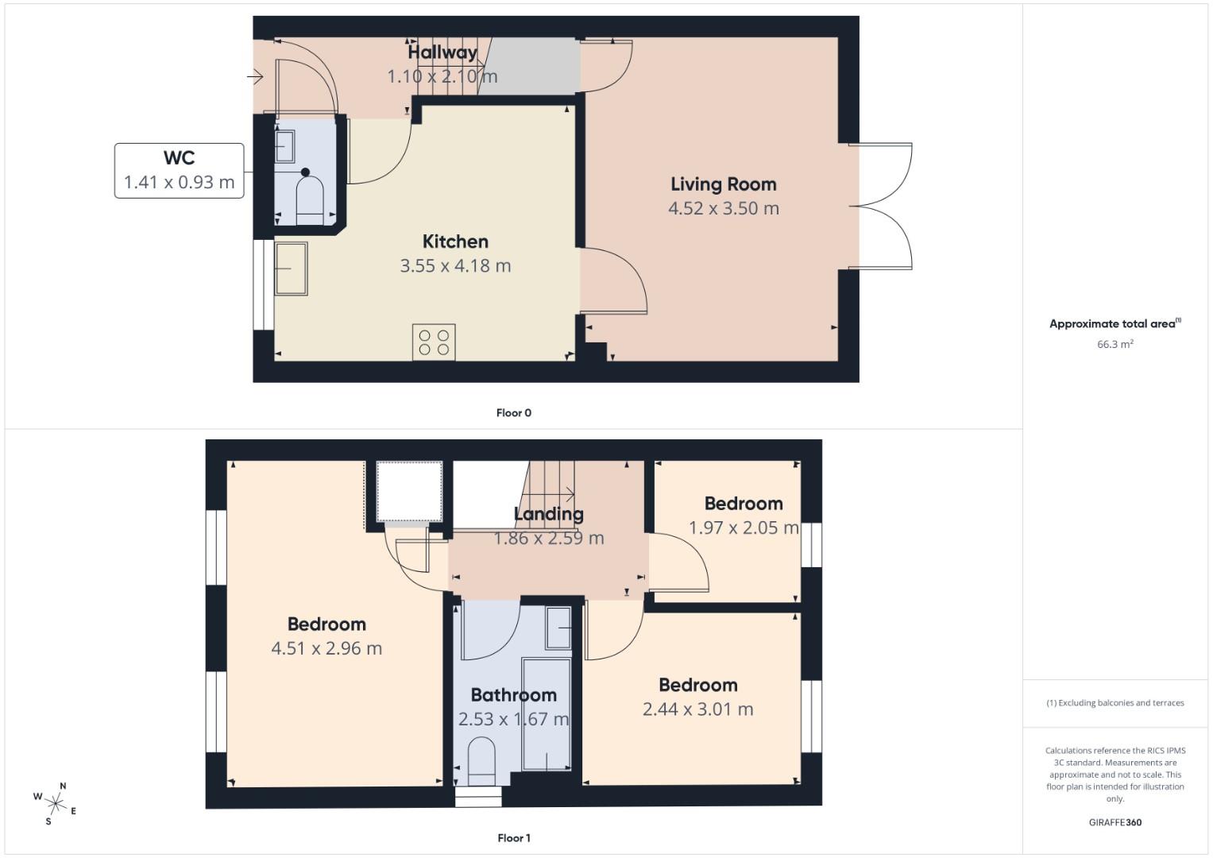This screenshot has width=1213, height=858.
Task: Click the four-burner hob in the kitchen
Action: [x=434, y=342]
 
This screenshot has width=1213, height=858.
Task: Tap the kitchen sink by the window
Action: [x=291, y=269]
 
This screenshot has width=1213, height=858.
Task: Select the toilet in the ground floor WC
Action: [x=310, y=198]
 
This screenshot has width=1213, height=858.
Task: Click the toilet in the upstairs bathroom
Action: [x=481, y=759]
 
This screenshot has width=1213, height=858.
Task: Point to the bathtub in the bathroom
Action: [x=547, y=713]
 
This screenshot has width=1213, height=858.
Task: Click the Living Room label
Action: [x=723, y=184]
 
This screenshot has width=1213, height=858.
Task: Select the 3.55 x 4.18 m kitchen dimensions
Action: [x=455, y=266]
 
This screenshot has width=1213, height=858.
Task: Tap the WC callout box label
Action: [x=179, y=158]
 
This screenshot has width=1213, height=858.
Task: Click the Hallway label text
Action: [x=442, y=52]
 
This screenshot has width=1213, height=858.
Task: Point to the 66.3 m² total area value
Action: [x=1114, y=344]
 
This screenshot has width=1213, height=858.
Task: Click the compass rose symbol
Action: [x=55, y=803]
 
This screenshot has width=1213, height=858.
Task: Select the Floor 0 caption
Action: [x=513, y=413]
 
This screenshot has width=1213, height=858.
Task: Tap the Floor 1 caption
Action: [x=513, y=838]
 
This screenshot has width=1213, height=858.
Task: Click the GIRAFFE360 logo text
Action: [x=1114, y=822]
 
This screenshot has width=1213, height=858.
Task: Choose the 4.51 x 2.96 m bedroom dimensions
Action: [x=326, y=648]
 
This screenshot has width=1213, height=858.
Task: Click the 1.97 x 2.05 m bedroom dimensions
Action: [x=743, y=528]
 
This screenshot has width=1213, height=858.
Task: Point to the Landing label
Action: [x=548, y=514]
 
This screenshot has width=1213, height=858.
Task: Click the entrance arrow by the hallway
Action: [x=254, y=77]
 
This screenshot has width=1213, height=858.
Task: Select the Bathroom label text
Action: [x=513, y=695]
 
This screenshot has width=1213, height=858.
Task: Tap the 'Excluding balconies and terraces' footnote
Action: [x=1114, y=703]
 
